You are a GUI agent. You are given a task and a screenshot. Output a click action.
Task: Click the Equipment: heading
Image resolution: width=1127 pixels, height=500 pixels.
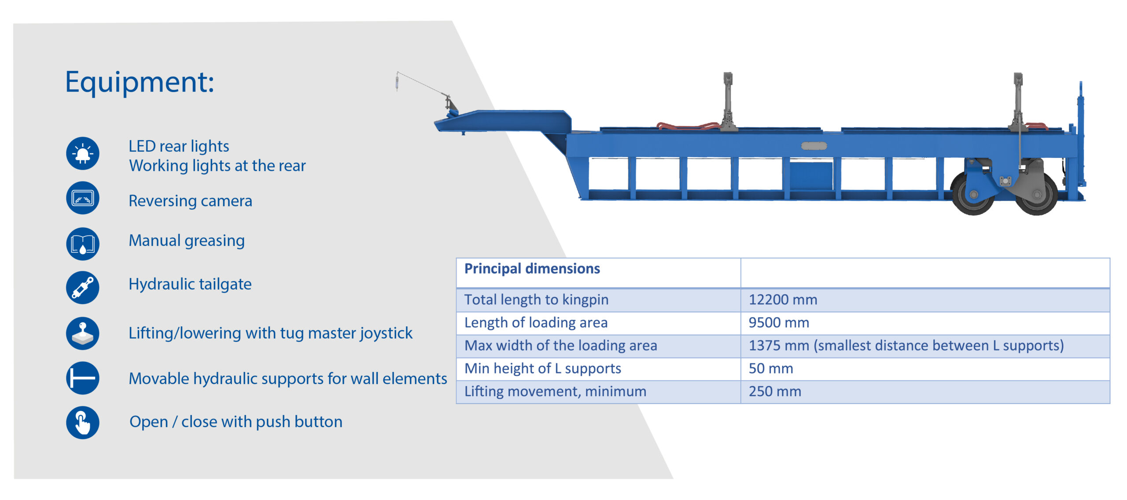tap(140, 82)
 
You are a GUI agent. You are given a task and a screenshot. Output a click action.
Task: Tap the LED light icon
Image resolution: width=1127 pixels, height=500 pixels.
tap(83, 153)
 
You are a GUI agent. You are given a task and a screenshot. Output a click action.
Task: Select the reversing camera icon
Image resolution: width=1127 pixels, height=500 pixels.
tap(83, 198)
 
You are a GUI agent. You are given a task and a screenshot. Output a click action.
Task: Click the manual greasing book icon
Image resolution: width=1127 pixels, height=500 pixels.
tap(83, 244)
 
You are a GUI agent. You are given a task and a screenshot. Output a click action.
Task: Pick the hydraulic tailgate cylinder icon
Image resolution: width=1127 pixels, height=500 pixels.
tap(83, 288)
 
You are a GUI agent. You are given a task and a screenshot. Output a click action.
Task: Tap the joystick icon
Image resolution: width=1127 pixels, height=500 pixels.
tap(83, 333)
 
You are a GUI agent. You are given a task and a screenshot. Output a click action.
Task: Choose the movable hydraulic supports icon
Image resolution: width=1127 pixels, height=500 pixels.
tap(83, 378)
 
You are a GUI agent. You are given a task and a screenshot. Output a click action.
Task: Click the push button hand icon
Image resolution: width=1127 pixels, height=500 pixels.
tap(83, 423)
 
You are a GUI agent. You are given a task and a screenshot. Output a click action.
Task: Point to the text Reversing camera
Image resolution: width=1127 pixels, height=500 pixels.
tap(190, 201)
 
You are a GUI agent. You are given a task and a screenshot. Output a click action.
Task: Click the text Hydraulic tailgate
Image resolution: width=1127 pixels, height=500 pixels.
tap(190, 284)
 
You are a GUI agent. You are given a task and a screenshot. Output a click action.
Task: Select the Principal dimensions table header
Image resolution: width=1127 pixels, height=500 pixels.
tap(532, 269)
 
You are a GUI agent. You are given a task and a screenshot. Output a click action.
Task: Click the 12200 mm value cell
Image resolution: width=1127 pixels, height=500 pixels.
tap(783, 300)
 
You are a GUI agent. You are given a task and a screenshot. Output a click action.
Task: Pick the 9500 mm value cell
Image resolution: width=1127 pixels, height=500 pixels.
tap(778, 323)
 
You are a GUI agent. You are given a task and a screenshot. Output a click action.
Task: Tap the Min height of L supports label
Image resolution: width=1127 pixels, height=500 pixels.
tap(542, 369)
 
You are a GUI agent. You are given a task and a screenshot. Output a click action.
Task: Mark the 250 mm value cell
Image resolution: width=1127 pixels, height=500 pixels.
tap(775, 391)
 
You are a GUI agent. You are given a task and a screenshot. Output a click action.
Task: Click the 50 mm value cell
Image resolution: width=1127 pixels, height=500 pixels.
tap(771, 369)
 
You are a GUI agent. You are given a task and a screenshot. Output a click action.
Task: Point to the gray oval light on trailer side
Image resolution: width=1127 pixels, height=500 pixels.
tap(814, 146)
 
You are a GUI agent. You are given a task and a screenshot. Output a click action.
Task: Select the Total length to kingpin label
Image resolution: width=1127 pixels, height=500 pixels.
tap(536, 300)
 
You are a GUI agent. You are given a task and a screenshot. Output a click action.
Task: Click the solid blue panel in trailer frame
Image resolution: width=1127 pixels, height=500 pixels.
tap(811, 176)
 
